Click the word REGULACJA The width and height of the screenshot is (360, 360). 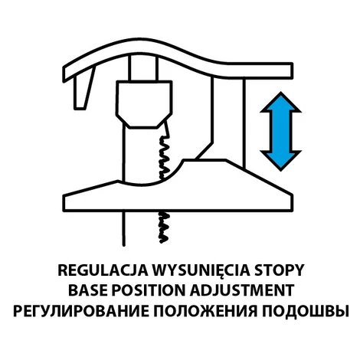pos(103,270)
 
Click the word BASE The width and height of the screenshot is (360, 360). pos(88,290)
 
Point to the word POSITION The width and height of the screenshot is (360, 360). pos(149,290)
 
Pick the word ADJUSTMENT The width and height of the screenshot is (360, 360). pos(241,290)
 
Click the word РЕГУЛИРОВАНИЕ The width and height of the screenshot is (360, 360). pos(81,310)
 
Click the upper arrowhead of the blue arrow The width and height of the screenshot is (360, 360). pos(281,102)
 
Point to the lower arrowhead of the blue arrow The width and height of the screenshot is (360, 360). pos(281,160)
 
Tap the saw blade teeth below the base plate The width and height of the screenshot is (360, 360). pos(163,227)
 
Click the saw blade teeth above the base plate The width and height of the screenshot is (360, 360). pos(164,157)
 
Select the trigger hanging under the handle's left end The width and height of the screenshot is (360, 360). pos(83,90)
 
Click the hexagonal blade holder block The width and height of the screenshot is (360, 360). pos(144,104)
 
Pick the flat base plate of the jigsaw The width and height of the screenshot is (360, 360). pos(178,197)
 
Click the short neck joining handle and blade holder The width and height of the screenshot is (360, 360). pos(143,67)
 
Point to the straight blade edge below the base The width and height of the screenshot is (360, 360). pos(124,228)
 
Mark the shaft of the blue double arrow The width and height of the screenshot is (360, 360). pos(281,131)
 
